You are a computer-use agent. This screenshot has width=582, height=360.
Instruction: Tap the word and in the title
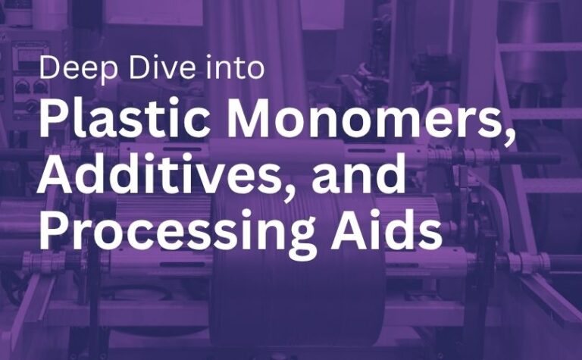[x=358, y=174]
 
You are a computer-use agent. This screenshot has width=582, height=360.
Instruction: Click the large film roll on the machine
[x=297, y=271]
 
